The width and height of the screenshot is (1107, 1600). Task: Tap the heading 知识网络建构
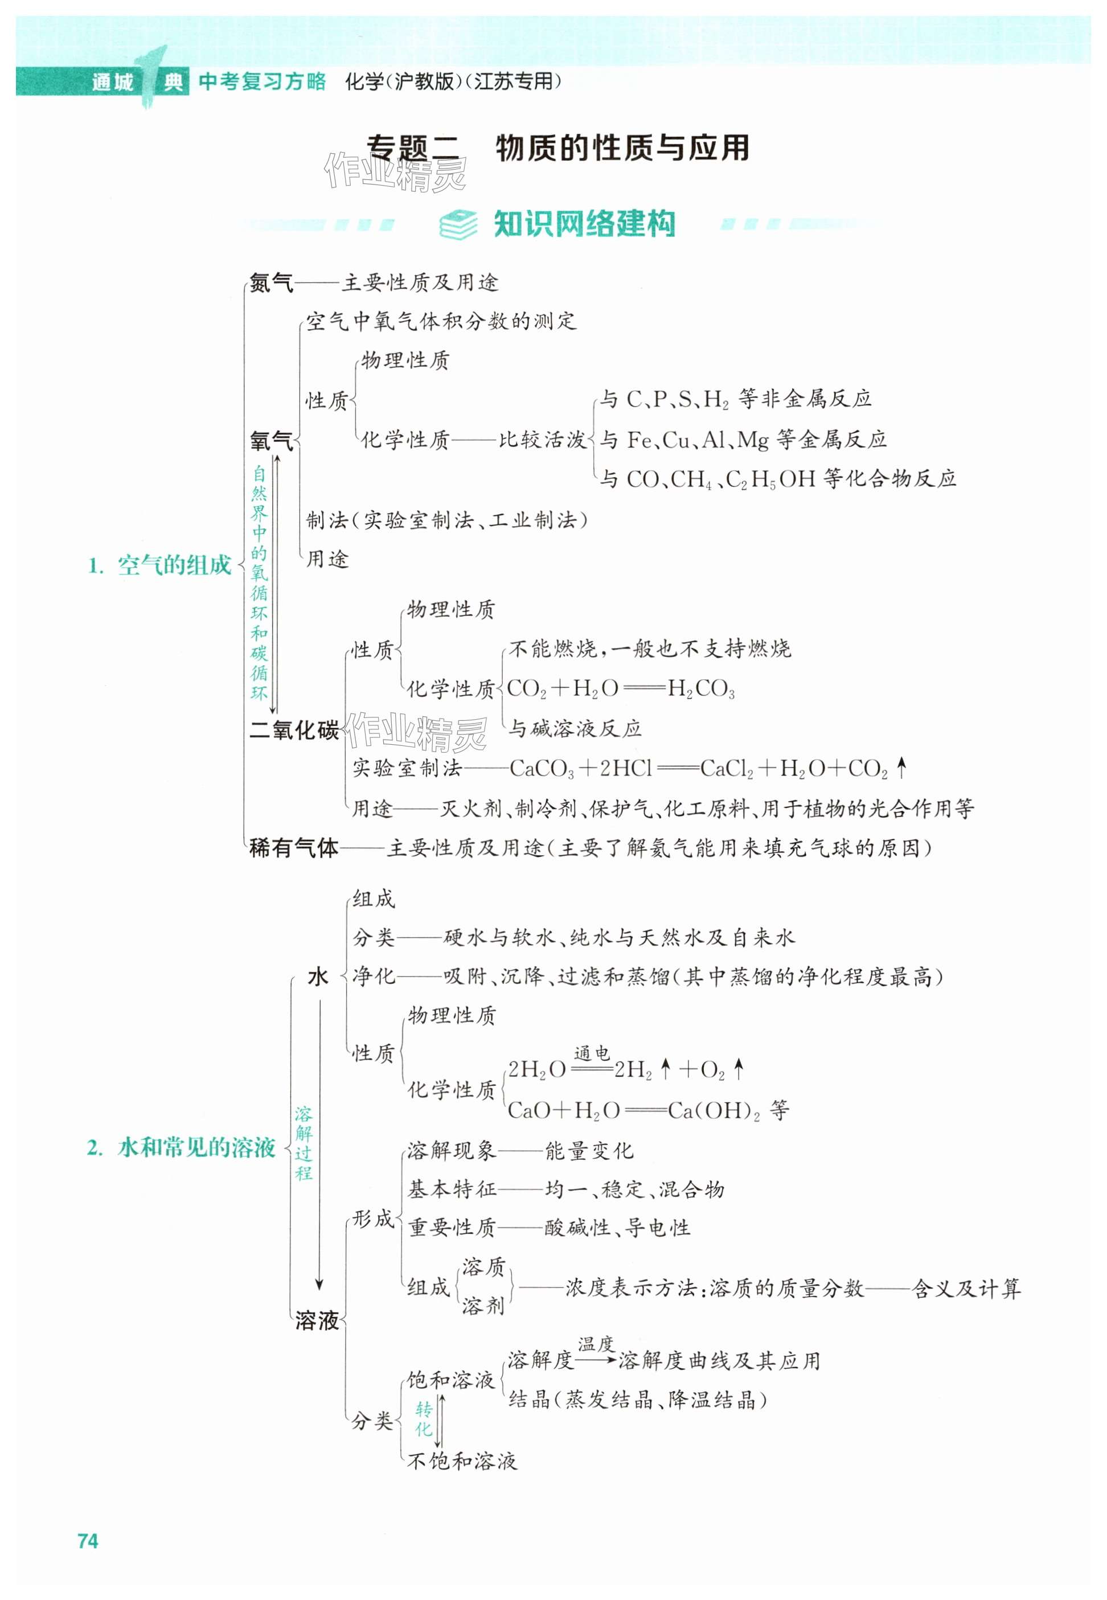(x=584, y=224)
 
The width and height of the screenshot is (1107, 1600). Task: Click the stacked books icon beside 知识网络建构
(x=458, y=224)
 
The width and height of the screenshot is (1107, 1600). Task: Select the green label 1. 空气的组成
(x=160, y=565)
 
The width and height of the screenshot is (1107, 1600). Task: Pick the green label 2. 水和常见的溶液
(x=182, y=1147)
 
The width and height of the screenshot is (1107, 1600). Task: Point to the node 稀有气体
(x=293, y=847)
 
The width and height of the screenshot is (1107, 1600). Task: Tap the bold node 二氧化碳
(x=294, y=729)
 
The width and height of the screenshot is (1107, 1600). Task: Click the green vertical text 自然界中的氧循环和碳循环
(x=259, y=582)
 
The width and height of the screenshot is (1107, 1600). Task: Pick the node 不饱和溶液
(x=461, y=1461)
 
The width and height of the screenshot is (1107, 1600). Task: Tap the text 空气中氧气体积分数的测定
(x=441, y=321)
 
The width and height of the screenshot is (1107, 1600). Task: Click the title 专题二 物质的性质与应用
(x=557, y=147)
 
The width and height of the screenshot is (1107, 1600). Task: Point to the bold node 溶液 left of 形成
(x=317, y=1320)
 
